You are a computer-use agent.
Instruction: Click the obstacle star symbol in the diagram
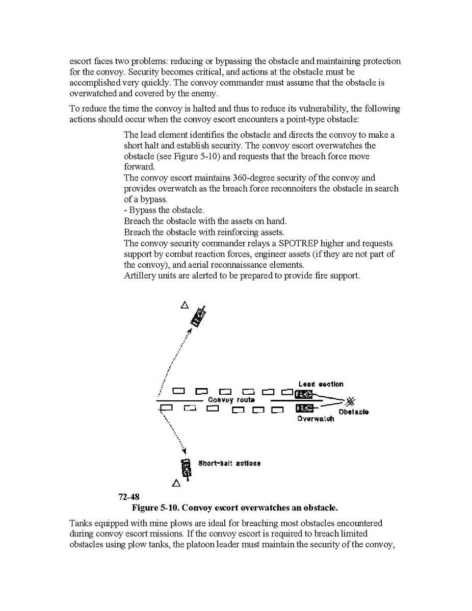(x=351, y=401)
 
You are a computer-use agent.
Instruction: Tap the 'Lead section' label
(x=321, y=384)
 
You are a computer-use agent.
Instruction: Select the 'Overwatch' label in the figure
(x=316, y=419)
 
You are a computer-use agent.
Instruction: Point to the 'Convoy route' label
(x=231, y=400)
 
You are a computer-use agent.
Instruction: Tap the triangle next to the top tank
(x=185, y=305)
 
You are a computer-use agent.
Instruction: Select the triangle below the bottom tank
(x=176, y=482)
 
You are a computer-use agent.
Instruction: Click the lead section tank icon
(x=304, y=394)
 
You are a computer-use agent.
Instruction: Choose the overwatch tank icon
(x=304, y=408)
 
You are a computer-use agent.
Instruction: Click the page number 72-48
(x=129, y=497)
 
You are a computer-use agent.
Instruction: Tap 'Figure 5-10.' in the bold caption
(x=155, y=507)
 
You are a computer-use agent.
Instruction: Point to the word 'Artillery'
(x=141, y=276)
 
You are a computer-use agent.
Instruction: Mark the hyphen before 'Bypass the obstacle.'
(x=125, y=211)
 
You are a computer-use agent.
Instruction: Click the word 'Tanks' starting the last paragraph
(x=81, y=523)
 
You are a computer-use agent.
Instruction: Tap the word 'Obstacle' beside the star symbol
(x=353, y=412)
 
